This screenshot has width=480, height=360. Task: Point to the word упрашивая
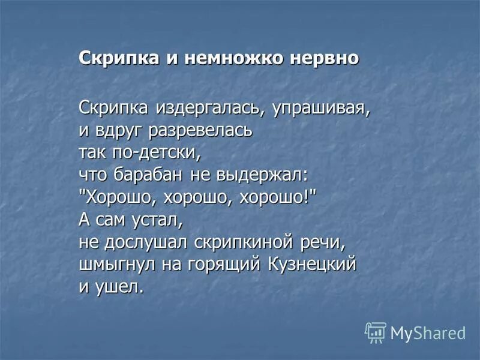(302, 109)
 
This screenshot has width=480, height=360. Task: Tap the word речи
(325, 242)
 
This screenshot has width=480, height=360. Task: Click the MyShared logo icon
(375, 332)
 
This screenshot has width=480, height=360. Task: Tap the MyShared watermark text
(427, 333)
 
